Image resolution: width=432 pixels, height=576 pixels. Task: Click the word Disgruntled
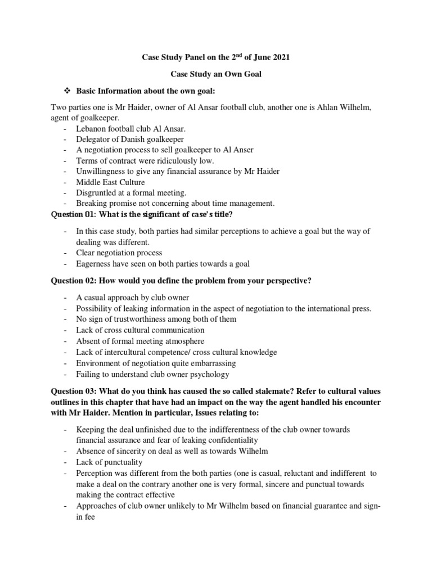[98, 193]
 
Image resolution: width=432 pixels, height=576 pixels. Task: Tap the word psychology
[209, 374]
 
